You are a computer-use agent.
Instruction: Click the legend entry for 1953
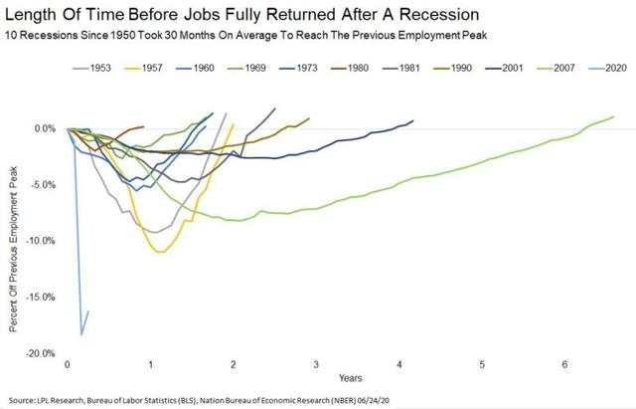pyautogui.click(x=91, y=68)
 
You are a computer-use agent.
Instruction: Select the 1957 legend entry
pyautogui.click(x=143, y=68)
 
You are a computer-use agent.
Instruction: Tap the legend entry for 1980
pyautogui.click(x=349, y=68)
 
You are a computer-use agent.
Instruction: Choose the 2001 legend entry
pyautogui.click(x=504, y=68)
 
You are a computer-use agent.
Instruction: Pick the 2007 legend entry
pyautogui.click(x=556, y=68)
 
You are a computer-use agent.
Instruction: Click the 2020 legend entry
pyautogui.click(x=607, y=68)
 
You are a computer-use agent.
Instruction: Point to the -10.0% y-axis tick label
pyautogui.click(x=40, y=241)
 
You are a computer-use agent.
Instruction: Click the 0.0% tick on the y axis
pyautogui.click(x=45, y=128)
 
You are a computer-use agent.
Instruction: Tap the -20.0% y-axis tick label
pyautogui.click(x=40, y=353)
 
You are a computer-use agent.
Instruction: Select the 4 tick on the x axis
pyautogui.click(x=399, y=364)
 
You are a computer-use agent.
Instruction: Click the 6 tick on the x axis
pyautogui.click(x=565, y=364)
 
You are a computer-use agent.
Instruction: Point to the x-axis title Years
pyautogui.click(x=351, y=378)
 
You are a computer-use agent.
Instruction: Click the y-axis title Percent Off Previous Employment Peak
pyautogui.click(x=13, y=249)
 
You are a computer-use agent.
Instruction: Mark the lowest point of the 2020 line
pyautogui.click(x=81, y=334)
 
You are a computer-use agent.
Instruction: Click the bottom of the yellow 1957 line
pyautogui.click(x=161, y=252)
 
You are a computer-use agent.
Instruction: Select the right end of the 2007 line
pyautogui.click(x=613, y=116)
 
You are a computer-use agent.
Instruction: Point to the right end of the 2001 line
pyautogui.click(x=413, y=120)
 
